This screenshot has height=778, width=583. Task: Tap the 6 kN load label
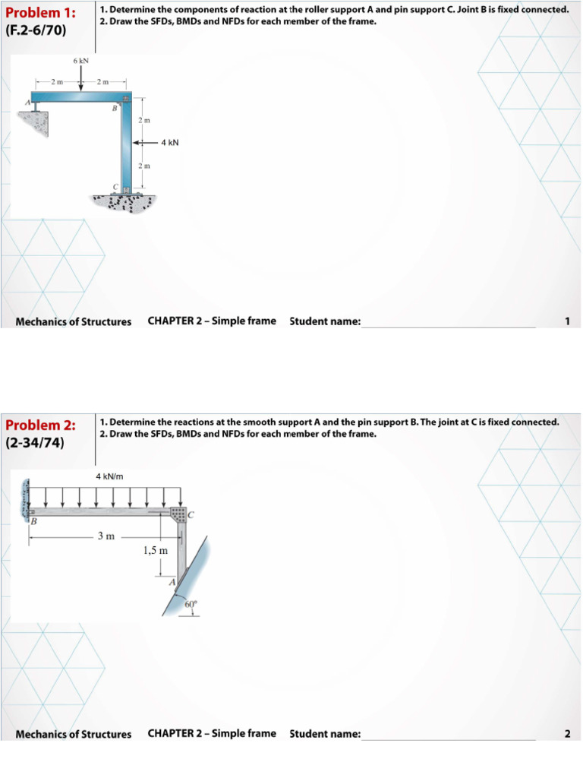[x=81, y=59]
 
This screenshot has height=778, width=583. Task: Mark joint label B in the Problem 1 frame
[x=115, y=109]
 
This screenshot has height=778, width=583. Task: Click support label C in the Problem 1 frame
[x=116, y=186]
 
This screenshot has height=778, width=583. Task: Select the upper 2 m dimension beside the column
[x=144, y=120]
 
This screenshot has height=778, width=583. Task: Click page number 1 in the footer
[x=567, y=321]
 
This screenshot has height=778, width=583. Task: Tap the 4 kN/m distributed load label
[x=109, y=476]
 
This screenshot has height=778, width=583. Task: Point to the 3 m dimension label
[x=106, y=536]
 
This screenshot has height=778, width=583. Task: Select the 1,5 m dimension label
[x=155, y=550]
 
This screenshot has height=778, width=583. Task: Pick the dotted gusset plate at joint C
[x=178, y=514]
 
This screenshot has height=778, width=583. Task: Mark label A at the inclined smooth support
[x=172, y=582]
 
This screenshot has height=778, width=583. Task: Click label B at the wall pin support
[x=33, y=521]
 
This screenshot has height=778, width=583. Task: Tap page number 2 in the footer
[x=567, y=734]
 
